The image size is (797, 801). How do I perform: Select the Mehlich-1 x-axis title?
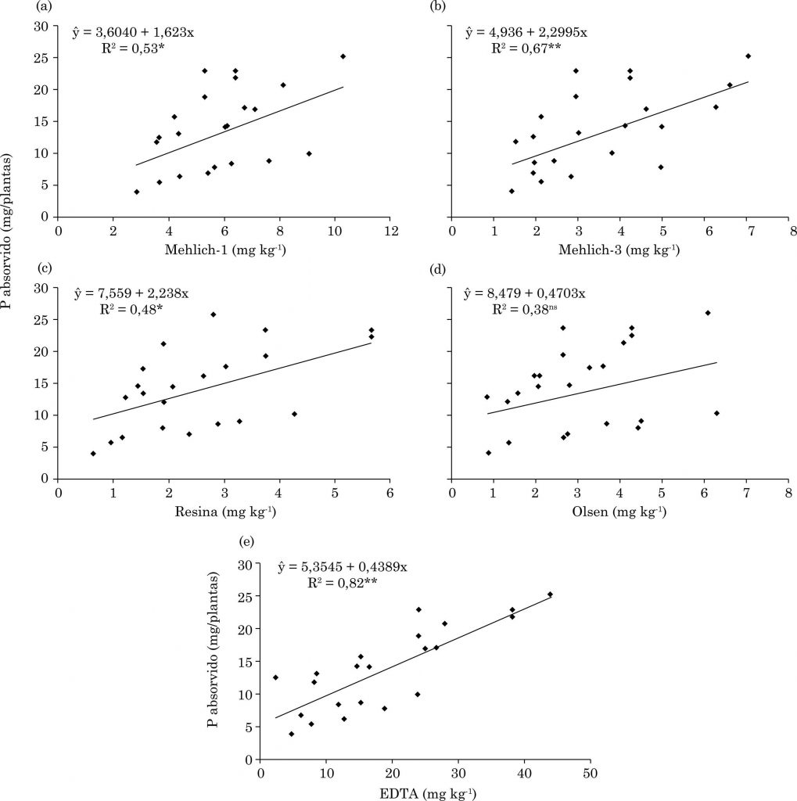221,250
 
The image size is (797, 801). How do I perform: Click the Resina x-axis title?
221,512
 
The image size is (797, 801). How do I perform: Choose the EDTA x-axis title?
424,793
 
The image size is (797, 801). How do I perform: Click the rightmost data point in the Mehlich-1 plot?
343,56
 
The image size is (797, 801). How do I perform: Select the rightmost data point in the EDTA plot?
550,594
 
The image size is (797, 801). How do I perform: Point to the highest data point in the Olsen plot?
708,313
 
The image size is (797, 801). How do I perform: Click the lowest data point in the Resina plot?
93,454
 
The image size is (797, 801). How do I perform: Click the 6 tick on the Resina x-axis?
390,494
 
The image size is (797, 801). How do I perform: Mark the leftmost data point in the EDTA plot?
275,677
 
